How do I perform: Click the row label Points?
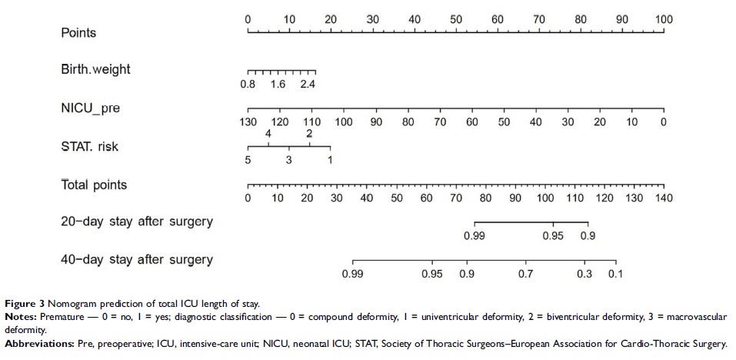tap(78, 33)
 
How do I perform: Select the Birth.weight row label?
tap(95, 69)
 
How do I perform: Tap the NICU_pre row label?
tap(90, 108)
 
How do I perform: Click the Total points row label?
tap(94, 185)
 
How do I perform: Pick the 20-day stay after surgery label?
tap(136, 222)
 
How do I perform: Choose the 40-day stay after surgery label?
tap(136, 259)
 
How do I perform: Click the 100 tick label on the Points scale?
tap(664, 19)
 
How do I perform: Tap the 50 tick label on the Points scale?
tap(455, 19)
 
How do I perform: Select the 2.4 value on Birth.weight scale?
tap(308, 84)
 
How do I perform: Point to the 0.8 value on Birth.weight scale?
tap(248, 84)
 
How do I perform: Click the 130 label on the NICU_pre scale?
tap(248, 122)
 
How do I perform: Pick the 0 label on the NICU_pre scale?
tap(663, 122)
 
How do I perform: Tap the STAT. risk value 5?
tap(248, 160)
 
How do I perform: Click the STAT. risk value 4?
tap(268, 134)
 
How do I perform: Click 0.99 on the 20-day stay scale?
tap(475, 236)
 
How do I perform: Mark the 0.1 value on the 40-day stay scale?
tap(615, 274)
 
